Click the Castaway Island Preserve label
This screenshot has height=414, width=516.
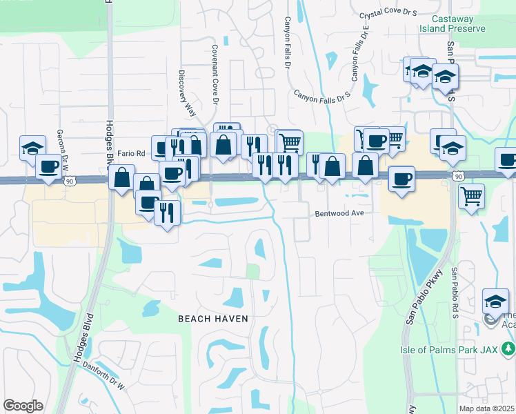click(x=458, y=23)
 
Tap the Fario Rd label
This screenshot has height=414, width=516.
click(x=131, y=153)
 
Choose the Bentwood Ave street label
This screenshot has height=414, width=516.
click(x=339, y=213)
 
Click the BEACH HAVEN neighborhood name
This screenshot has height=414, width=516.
click(x=212, y=318)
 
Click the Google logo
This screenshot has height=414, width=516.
click(x=23, y=406)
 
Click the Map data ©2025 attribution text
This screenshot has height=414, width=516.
click(x=486, y=408)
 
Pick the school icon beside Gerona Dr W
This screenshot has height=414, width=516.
click(x=32, y=148)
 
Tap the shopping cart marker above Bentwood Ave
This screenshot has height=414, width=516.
click(x=290, y=142)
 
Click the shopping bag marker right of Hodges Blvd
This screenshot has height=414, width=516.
click(x=121, y=177)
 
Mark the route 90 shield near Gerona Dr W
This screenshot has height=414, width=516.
click(x=69, y=180)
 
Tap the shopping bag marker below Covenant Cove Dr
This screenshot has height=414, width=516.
click(x=224, y=146)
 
